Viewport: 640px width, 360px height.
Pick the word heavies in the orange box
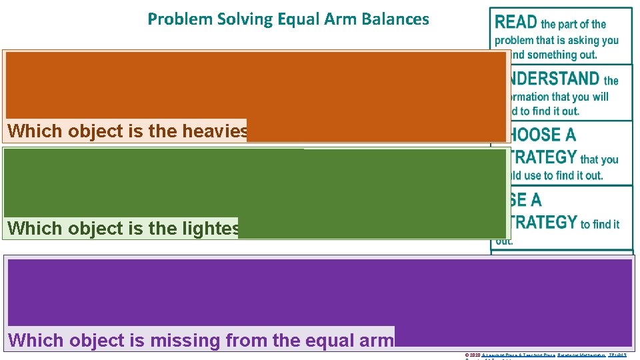(x=214, y=131)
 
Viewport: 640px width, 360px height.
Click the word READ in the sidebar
(x=516, y=22)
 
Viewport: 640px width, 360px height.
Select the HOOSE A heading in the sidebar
(x=542, y=135)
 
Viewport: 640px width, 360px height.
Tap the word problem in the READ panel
(x=513, y=40)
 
